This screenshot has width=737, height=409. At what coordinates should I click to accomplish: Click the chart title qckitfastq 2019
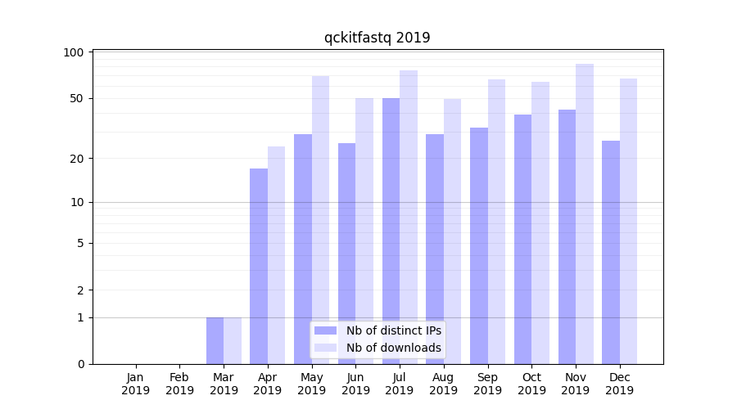click(377, 38)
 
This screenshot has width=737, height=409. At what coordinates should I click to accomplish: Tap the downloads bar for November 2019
click(585, 213)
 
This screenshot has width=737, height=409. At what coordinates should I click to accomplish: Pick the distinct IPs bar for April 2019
click(259, 266)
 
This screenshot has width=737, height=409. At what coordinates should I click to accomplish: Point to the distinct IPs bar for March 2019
click(215, 340)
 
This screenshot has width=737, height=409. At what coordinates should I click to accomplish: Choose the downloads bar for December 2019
click(628, 221)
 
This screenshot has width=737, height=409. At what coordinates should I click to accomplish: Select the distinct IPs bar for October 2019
click(522, 239)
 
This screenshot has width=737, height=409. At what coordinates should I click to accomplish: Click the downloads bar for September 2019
click(496, 222)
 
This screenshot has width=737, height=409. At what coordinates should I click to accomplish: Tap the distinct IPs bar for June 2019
click(346, 254)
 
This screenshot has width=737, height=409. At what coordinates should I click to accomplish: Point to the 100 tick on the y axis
click(74, 52)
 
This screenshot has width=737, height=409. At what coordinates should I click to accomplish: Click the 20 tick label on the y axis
click(77, 158)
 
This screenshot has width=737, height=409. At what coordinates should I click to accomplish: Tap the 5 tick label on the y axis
click(80, 243)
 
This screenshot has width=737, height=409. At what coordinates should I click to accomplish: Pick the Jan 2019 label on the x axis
click(136, 384)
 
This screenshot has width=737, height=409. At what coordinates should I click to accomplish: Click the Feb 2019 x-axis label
click(179, 384)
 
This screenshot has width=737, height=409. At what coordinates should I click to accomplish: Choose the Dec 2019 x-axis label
click(619, 384)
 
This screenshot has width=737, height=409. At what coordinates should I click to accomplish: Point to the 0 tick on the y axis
click(80, 364)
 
